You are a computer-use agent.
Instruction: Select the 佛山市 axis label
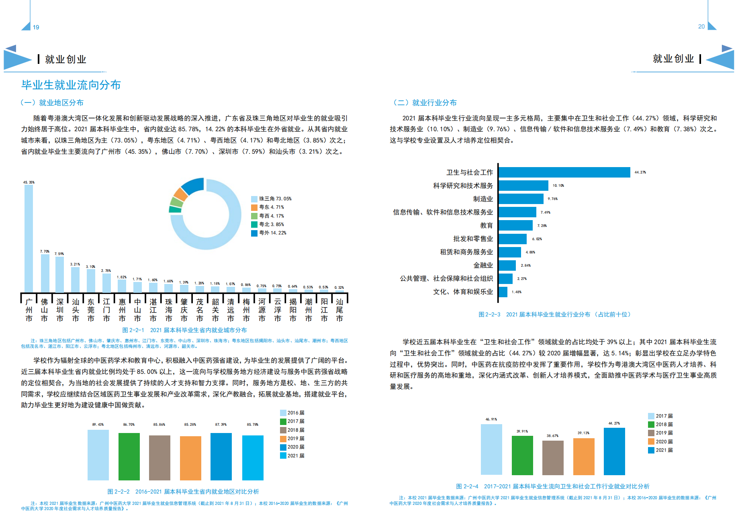[44, 310]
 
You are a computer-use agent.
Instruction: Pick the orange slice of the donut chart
[180, 194]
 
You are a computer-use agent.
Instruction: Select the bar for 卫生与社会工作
[564, 172]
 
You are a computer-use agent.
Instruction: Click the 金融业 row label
[483, 265]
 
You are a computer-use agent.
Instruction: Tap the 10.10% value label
[558, 186]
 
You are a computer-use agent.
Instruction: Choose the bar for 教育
[515, 225]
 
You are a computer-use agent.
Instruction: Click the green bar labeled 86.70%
[129, 456]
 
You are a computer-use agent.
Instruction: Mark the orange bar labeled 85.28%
[190, 458]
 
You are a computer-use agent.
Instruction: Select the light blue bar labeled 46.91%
[491, 449]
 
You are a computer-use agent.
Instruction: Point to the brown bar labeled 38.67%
[553, 458]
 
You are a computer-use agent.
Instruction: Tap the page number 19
[36, 27]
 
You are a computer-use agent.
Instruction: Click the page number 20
[701, 27]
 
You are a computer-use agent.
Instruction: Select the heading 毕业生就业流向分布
[71, 85]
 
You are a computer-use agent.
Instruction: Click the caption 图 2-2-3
[489, 315]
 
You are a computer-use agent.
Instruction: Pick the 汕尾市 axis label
[339, 310]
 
